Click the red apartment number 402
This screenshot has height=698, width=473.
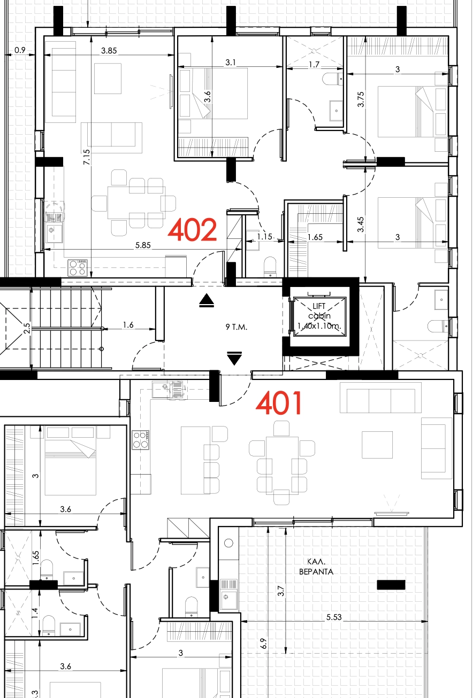(x=192, y=230)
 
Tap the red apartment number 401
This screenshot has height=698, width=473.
(x=279, y=403)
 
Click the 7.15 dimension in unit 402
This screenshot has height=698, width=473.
(x=87, y=157)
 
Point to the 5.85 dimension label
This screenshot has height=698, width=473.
(x=143, y=245)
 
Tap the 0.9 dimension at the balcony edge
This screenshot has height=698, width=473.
(x=20, y=50)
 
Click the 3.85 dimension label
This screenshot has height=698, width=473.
(x=109, y=50)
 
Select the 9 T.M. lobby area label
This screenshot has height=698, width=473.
(x=236, y=327)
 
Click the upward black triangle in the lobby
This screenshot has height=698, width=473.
(x=207, y=300)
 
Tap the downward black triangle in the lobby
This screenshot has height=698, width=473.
(x=234, y=358)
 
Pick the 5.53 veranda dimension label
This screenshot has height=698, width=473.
(x=334, y=617)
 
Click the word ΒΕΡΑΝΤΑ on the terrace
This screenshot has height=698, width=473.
(x=316, y=572)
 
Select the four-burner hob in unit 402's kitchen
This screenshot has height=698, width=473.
(x=78, y=268)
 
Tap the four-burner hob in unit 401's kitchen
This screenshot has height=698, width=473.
(x=140, y=440)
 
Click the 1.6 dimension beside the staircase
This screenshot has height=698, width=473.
(x=128, y=325)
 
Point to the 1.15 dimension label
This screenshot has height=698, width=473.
(x=264, y=237)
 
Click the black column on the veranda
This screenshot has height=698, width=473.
(x=391, y=585)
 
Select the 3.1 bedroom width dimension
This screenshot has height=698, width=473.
(x=231, y=63)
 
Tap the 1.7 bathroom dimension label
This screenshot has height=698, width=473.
(x=314, y=65)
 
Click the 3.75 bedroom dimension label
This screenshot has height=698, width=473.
(x=361, y=99)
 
